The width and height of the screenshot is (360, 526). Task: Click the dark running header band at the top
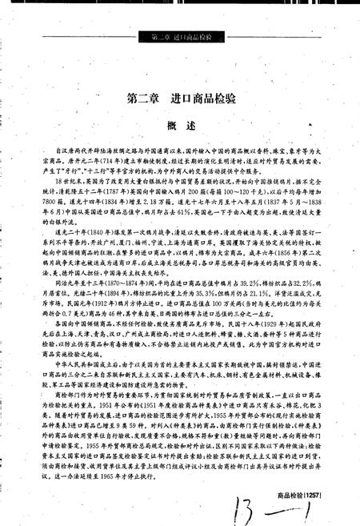(180, 37)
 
